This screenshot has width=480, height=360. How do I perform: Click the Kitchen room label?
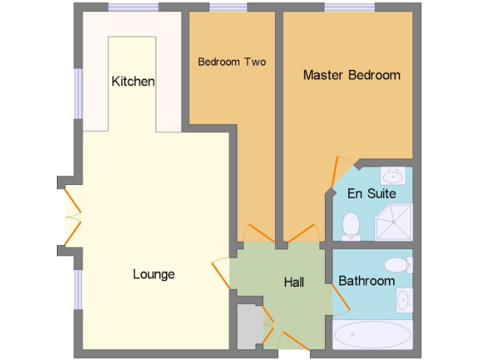click(x=133, y=81)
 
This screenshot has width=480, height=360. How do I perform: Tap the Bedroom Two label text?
click(x=232, y=62)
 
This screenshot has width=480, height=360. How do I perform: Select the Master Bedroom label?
click(x=351, y=75)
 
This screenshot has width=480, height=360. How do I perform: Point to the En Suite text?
click(x=372, y=193)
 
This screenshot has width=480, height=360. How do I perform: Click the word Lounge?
click(x=154, y=274)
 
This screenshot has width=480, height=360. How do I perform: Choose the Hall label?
click(x=294, y=282)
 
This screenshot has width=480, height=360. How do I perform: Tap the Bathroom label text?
click(x=366, y=281)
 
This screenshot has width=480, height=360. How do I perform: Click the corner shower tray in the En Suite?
click(x=394, y=222)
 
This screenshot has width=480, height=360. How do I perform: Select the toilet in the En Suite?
click(x=351, y=225)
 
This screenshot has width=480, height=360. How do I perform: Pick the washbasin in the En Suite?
click(x=392, y=176)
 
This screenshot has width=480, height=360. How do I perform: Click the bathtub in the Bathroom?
click(x=372, y=335)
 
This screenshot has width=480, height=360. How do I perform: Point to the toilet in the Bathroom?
click(x=397, y=264)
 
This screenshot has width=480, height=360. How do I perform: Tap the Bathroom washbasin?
click(x=404, y=300)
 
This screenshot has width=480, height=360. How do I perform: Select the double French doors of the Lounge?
click(x=71, y=216)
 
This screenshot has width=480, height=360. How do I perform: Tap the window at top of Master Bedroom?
click(x=349, y=7)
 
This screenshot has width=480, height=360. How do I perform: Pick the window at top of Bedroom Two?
click(x=227, y=7)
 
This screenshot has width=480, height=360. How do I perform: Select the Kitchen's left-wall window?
click(x=78, y=93)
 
